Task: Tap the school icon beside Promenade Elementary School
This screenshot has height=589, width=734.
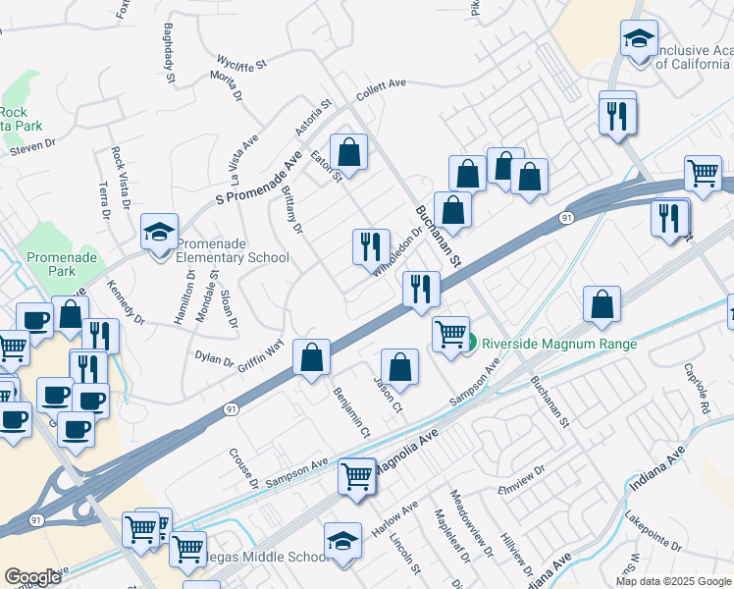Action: [159, 233]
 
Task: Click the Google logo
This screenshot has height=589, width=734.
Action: [32, 577]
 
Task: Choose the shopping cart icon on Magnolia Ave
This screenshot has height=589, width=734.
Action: [356, 476]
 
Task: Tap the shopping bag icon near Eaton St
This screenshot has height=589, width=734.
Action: [348, 152]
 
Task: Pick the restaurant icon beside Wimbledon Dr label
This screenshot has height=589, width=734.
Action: [371, 246]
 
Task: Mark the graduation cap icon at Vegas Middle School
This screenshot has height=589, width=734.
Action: [342, 541]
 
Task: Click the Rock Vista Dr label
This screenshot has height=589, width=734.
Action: [121, 178]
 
